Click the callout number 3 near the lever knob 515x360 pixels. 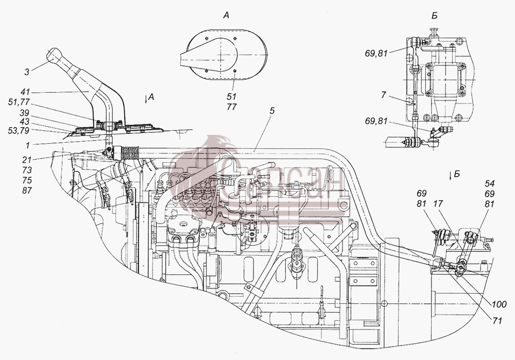click(27, 72)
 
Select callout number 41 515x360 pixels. click(24, 92)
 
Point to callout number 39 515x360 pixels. click(24, 113)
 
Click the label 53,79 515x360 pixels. click(19, 131)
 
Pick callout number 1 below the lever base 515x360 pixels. click(28, 145)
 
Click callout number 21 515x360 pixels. click(27, 160)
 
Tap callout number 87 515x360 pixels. click(27, 190)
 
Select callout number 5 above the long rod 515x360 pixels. click(271, 111)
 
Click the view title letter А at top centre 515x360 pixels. click(226, 15)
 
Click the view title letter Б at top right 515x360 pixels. click(435, 15)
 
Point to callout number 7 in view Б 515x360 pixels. click(384, 95)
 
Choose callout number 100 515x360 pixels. click(499, 305)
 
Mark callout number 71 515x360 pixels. click(497, 320)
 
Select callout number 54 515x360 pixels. click(489, 184)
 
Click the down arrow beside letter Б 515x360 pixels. click(451, 175)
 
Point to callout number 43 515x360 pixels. click(24, 122)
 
